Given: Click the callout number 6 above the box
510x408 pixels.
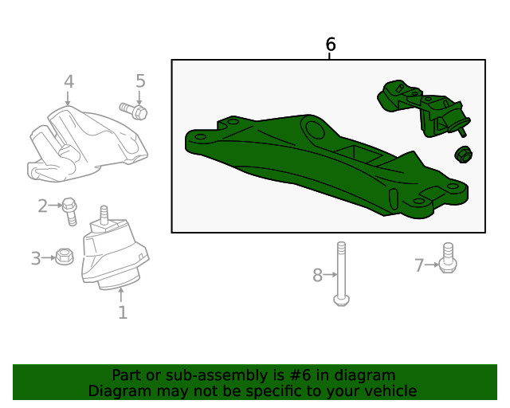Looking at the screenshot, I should coord(331,45).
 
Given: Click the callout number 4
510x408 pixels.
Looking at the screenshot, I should coord(69,81).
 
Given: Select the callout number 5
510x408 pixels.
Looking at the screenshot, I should coord(140,80).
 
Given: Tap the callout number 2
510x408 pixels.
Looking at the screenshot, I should coord(43,206).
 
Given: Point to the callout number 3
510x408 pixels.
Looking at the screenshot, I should coord(36,258).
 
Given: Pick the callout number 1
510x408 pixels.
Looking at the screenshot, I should coord(122,312).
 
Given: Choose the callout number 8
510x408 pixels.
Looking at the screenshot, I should coord(317,276).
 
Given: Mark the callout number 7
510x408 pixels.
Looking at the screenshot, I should coord(419,265).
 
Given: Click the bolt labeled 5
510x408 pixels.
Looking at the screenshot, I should coord(133,110).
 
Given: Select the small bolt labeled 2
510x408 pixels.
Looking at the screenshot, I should coord(70,210).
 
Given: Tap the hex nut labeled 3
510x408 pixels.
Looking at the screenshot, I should coord(65,257).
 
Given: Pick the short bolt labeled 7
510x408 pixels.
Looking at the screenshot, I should coord(448,260).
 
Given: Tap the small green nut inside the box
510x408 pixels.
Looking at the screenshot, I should coord(461,154).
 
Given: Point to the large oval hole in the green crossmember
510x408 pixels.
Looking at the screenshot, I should coord(315,127).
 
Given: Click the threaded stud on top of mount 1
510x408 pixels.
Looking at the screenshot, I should coord(103,214).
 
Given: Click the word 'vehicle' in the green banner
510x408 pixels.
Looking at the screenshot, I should coord(387,391).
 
